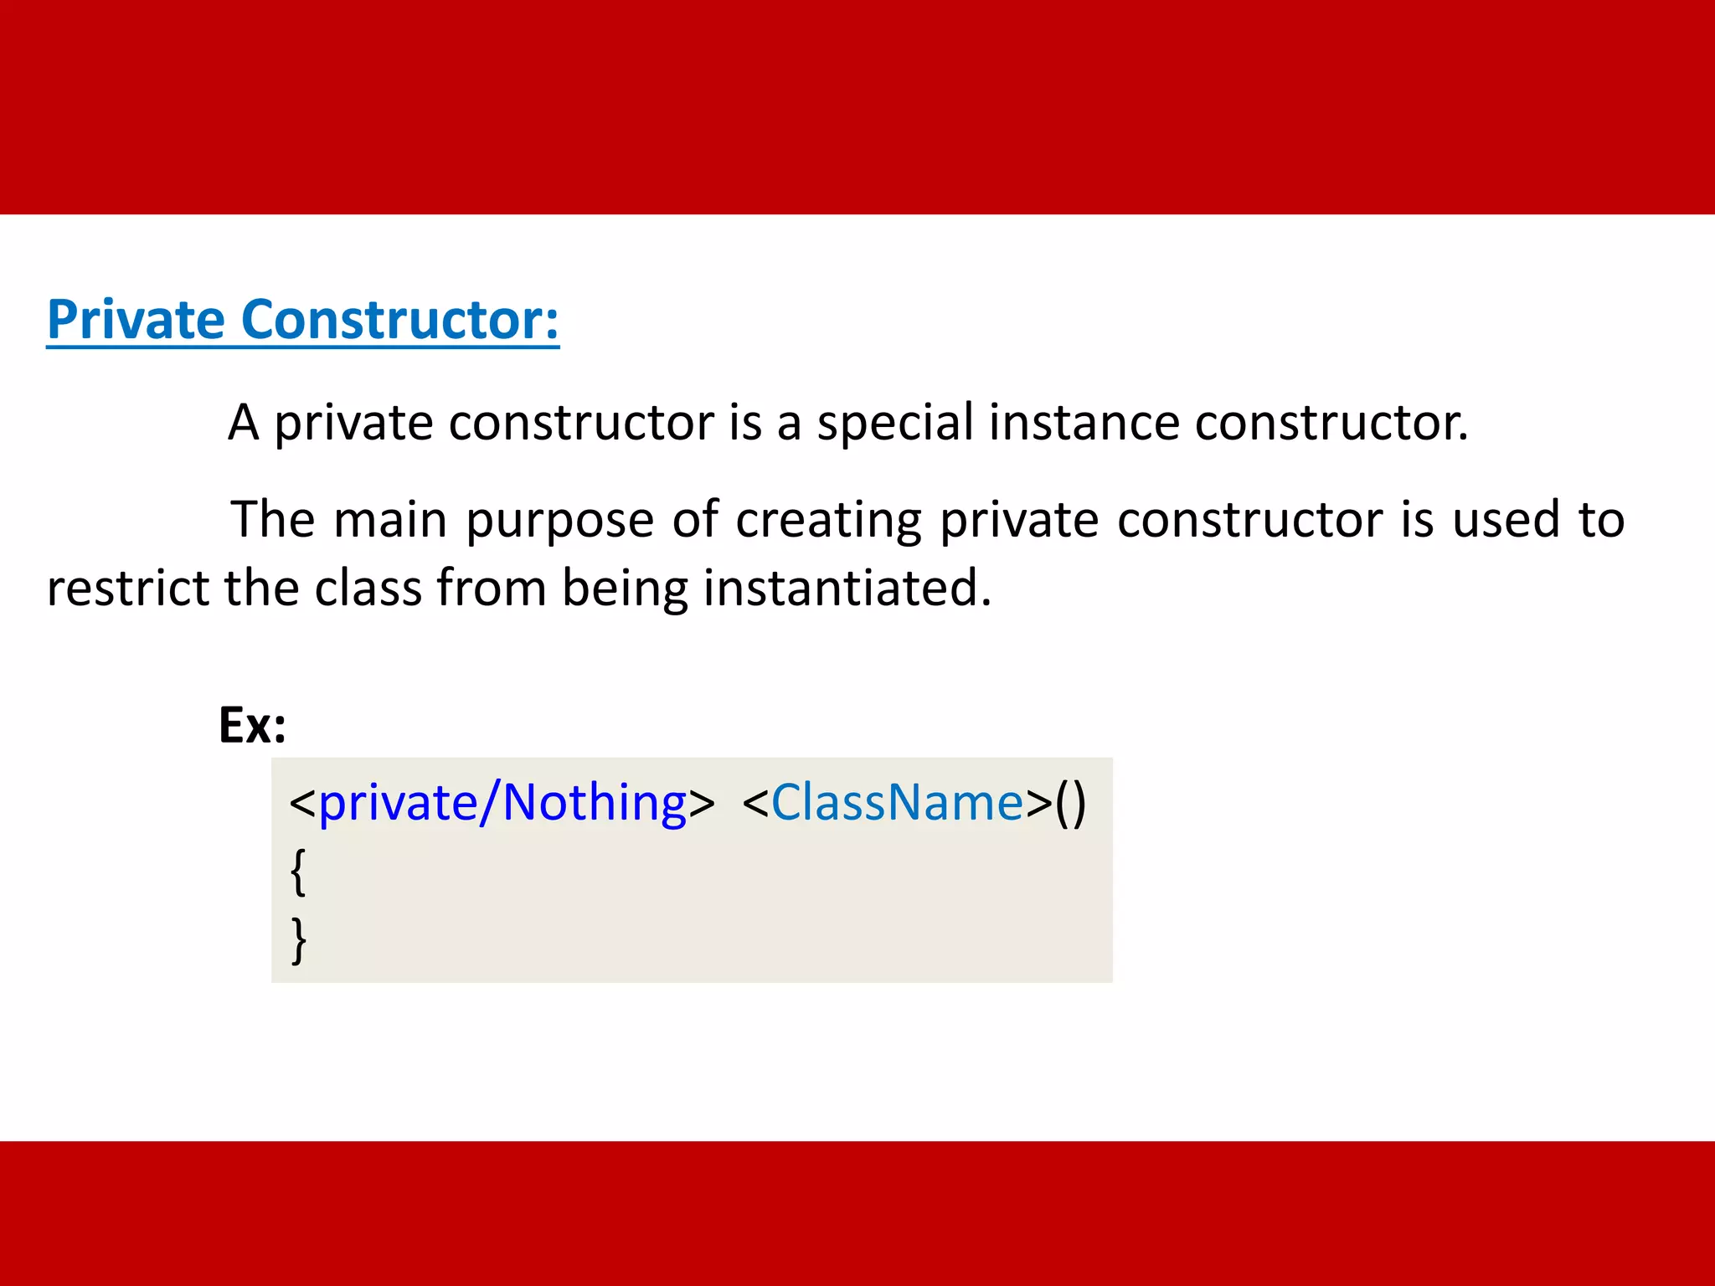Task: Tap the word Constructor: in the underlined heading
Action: [400, 320]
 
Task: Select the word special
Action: [894, 422]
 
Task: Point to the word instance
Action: [1083, 422]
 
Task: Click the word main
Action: [390, 520]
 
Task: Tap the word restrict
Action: [128, 588]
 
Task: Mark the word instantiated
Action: [847, 588]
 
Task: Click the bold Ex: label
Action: [252, 725]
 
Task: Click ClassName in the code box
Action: [897, 803]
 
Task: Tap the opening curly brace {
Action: [298, 872]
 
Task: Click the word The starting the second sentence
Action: [272, 520]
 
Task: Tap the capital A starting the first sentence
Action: [243, 422]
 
